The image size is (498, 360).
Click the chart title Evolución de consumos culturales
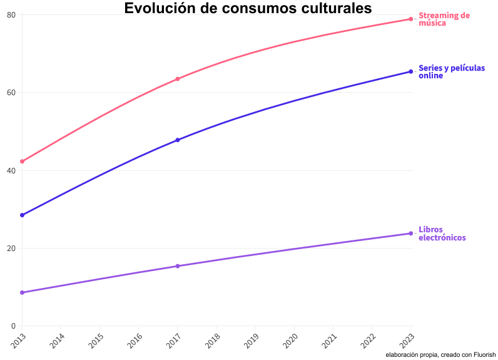248,8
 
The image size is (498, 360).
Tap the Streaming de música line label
444,19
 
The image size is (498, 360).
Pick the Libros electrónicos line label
442,234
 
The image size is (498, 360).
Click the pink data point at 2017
178,79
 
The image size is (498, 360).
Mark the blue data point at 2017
178,140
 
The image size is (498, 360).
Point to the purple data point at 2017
178,266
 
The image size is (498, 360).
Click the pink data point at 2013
22,162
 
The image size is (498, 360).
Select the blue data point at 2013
22,215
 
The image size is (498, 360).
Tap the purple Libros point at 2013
22,292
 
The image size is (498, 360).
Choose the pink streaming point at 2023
410,19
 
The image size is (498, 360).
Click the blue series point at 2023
410,71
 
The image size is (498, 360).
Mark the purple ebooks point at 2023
410,234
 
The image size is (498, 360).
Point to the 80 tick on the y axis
11,14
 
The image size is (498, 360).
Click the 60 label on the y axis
11,93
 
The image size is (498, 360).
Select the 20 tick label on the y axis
11,249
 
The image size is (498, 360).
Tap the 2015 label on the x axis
96,341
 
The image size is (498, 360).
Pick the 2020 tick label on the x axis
290,341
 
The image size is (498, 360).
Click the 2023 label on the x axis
407,341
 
